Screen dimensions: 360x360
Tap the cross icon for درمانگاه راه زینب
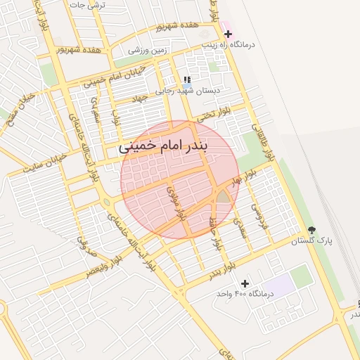coord(228,34)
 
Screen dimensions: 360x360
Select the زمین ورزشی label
coord(150,51)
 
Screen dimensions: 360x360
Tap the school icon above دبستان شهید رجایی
coord(186,80)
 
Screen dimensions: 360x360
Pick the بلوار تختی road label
coord(214,113)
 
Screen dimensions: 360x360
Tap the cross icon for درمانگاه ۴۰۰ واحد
coord(244,283)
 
